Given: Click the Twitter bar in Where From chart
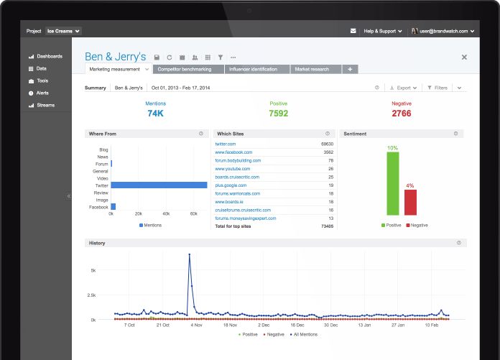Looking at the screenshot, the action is [159, 185].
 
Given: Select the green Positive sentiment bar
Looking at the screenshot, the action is [393, 183].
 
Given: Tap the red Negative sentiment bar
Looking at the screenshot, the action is [410, 203].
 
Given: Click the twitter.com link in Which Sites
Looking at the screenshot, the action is [226, 144].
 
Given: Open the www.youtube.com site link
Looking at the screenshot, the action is [233, 169].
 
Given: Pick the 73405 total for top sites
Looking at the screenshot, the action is [327, 226].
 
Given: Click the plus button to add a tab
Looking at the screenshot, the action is [350, 69].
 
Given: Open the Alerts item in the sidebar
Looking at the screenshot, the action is [39, 93].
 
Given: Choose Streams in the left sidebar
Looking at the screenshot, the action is [42, 105].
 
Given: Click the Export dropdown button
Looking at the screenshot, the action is [404, 88].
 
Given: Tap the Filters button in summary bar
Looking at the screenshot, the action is [437, 88].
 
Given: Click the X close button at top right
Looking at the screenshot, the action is [464, 57].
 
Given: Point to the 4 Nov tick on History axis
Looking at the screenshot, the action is [196, 325].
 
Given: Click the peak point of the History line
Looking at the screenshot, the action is [190, 254].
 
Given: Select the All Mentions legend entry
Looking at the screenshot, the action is [304, 334].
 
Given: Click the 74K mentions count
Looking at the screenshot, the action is [155, 114].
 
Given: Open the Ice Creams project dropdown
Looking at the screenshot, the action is [63, 31].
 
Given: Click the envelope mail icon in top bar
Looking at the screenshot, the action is [353, 31].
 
